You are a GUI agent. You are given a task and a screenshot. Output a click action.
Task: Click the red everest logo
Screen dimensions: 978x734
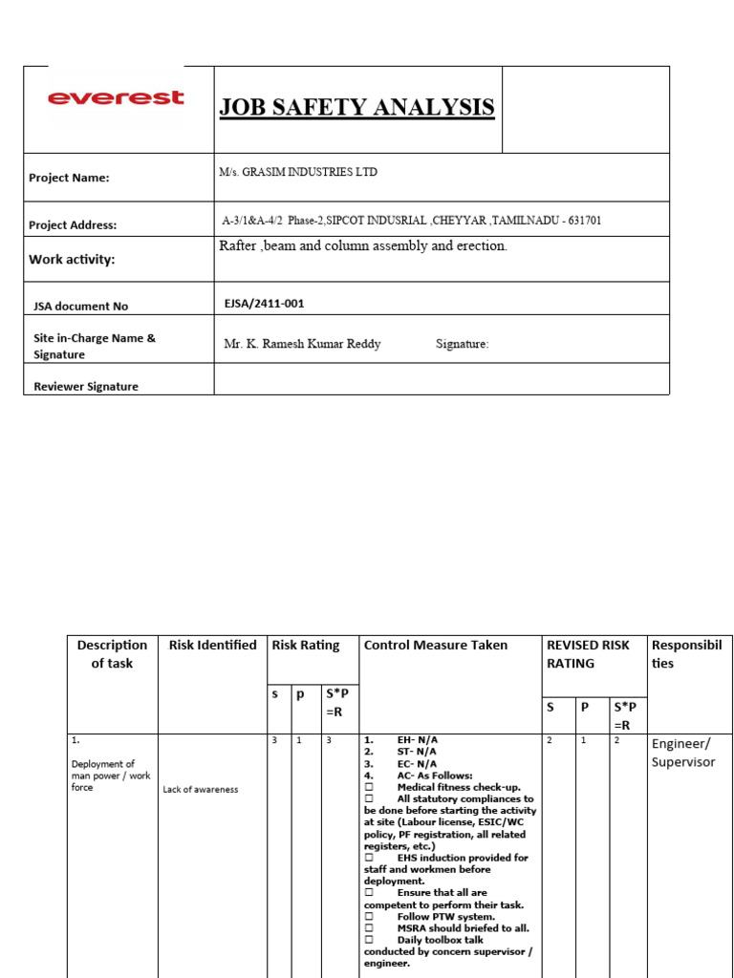click(116, 97)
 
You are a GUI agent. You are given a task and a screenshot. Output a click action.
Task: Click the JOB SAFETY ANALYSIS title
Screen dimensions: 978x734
click(356, 107)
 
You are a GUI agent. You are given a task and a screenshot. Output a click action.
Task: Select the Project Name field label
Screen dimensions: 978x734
click(69, 178)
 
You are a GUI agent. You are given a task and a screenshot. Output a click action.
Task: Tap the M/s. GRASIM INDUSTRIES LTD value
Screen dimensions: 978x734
click(298, 173)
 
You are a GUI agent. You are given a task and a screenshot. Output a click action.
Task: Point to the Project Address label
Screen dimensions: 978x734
click(73, 225)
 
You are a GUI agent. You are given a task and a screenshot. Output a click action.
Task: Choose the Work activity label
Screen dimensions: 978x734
click(72, 260)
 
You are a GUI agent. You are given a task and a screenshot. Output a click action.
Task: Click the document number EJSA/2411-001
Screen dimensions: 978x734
click(265, 304)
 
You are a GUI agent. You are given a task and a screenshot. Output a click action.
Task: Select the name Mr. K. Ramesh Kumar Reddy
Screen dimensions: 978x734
click(302, 344)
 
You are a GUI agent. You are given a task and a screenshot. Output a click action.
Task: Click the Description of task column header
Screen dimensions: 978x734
click(112, 654)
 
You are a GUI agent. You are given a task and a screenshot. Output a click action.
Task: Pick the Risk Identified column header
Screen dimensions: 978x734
click(212, 645)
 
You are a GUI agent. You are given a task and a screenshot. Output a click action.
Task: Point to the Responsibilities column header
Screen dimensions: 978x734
click(686, 654)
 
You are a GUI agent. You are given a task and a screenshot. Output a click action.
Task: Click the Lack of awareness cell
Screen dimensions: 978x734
click(201, 789)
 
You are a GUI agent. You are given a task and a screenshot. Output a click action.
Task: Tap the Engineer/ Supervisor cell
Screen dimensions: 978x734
click(683, 753)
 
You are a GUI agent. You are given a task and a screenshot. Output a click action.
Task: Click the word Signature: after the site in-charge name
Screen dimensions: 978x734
click(462, 344)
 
